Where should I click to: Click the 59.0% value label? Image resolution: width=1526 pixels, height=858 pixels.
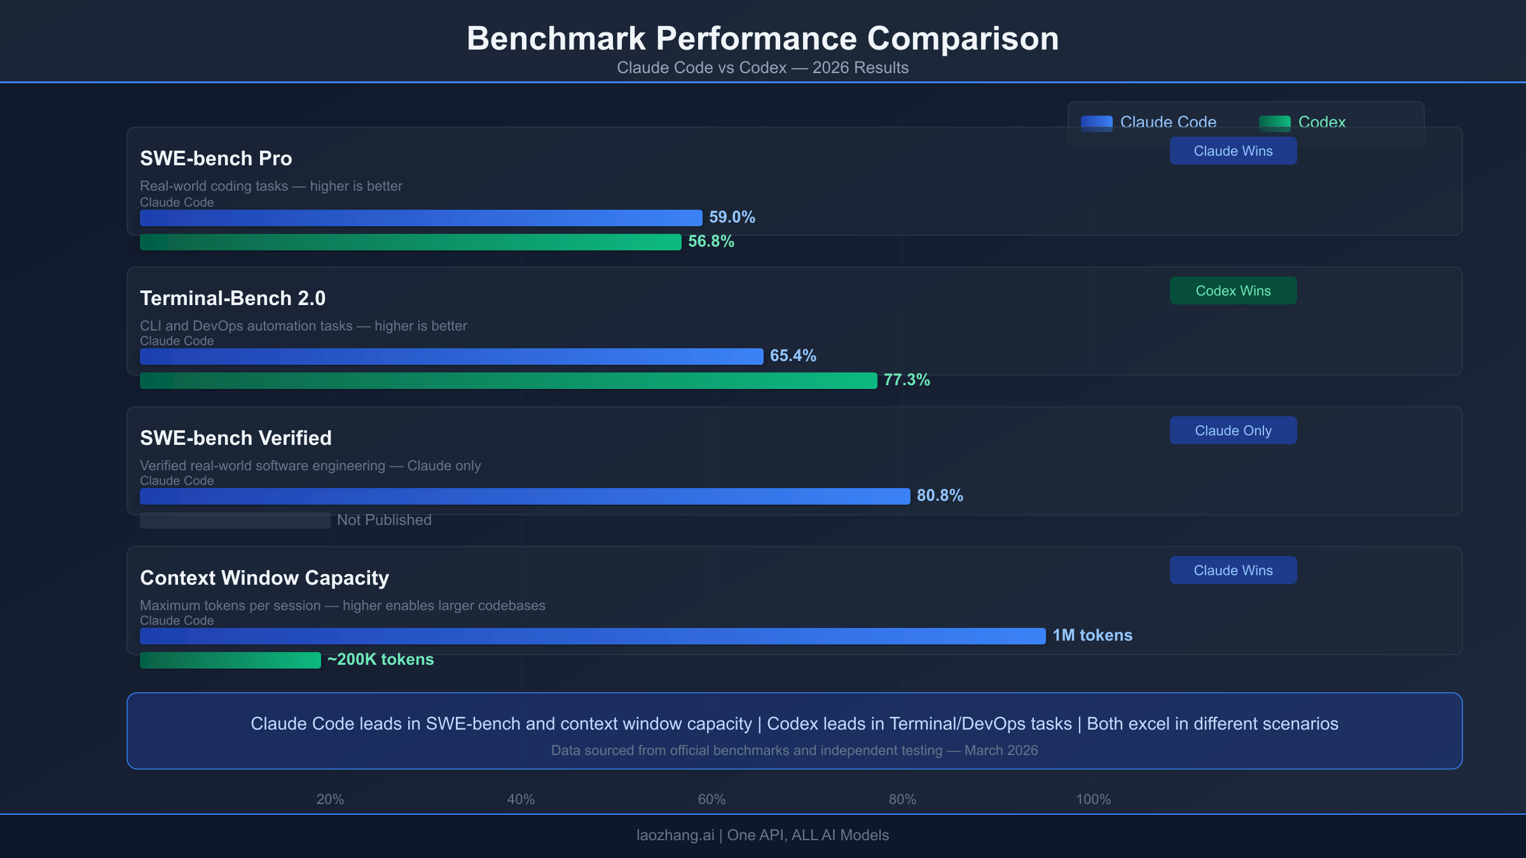tap(732, 217)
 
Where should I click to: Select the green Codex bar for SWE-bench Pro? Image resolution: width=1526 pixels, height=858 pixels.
tap(410, 242)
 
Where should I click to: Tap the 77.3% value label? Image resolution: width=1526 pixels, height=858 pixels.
tap(907, 380)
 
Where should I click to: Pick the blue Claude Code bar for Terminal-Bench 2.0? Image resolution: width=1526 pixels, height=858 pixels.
tap(451, 357)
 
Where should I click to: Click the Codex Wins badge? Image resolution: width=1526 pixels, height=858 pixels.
tap(1233, 290)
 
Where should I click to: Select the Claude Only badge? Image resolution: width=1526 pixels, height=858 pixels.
tap(1233, 430)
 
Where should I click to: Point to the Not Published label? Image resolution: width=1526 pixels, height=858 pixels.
tap(384, 520)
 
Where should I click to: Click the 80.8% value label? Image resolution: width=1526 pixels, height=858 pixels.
tap(940, 496)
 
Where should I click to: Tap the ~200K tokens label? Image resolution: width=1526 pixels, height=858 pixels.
tap(380, 660)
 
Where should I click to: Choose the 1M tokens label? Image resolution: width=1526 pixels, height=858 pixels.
tap(1092, 636)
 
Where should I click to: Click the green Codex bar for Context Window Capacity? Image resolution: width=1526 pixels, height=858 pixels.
tap(230, 660)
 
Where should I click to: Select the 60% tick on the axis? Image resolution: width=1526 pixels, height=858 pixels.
tap(711, 800)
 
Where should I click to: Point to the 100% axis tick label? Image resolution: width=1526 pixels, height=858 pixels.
tap(1093, 800)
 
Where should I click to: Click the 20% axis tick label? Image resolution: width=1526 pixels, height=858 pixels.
tap(330, 800)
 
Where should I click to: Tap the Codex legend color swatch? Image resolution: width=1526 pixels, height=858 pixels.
tap(1274, 123)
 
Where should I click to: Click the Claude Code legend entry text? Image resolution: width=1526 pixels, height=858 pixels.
tap(1168, 122)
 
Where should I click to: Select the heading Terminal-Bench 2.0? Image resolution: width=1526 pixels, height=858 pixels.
tap(233, 298)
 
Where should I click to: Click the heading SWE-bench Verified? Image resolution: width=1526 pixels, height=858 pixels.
tap(236, 438)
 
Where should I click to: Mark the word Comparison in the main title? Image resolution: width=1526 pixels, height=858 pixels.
tap(963, 38)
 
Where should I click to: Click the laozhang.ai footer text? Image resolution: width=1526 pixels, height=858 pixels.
tap(675, 835)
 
